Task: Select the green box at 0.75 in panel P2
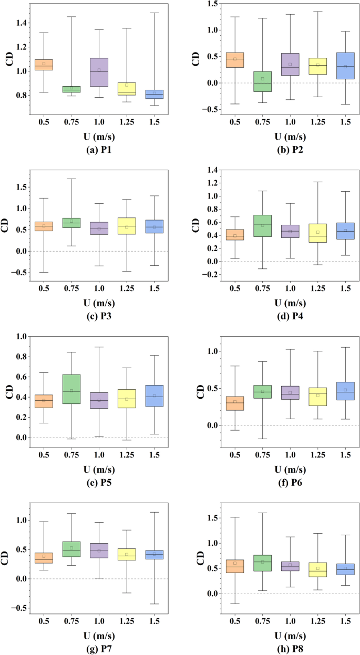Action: [x=263, y=81]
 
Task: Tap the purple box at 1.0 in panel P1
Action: [x=99, y=72]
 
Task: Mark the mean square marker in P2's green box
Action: [x=263, y=79]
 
